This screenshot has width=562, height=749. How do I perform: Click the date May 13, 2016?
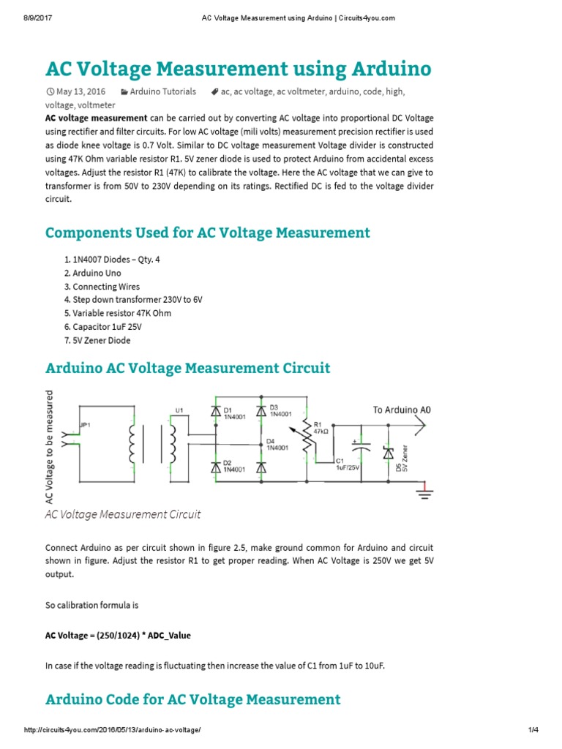point(81,91)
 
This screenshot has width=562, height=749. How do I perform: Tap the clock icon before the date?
point(50,92)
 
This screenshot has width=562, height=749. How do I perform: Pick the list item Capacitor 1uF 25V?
point(106,327)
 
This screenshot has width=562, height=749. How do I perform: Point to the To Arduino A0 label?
point(402,410)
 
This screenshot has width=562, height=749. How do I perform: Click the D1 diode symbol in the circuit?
point(215,413)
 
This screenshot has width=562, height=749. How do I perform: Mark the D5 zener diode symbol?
point(388,453)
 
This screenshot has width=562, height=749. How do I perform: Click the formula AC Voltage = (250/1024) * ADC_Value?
point(118,635)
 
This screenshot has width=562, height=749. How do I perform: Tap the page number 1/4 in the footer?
point(533,737)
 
